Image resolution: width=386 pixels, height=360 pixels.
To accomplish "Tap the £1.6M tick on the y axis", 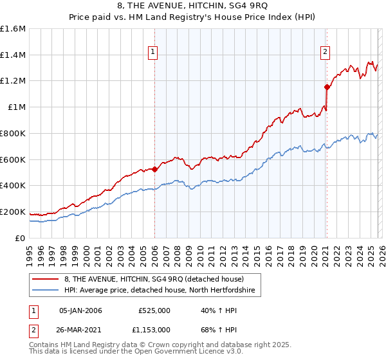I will coord(13,29).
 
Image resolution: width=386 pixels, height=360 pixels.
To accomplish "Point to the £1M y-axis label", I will coord(16,107).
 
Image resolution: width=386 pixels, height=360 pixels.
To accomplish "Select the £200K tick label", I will coord(13,212).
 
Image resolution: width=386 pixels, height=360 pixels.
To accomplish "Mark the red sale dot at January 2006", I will coord(154,169).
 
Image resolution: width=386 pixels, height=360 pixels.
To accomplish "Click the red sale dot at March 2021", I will coord(327,87).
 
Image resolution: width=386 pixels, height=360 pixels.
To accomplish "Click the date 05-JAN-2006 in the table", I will coord(80,310).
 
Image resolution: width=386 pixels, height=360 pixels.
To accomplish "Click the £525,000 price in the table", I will coord(154,310).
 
